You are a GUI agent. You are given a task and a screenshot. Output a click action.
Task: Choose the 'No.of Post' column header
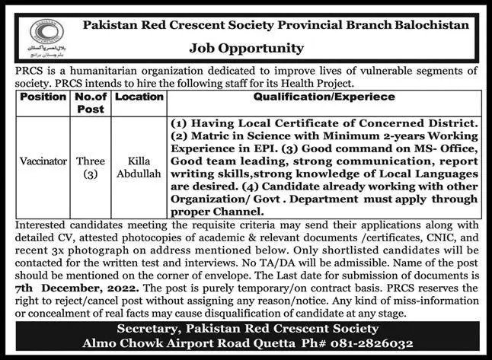[x=91, y=103]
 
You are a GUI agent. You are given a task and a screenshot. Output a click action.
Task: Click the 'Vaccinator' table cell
[x=43, y=162]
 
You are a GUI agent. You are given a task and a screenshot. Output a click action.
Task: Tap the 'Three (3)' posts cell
[x=91, y=168]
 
